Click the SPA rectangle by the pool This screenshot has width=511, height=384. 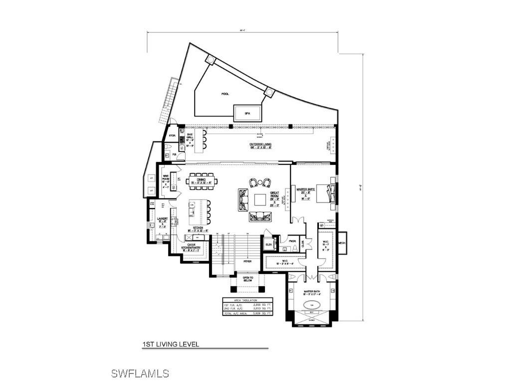(248, 112)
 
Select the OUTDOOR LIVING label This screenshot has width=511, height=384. (260, 145)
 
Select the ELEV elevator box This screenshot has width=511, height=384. (268, 244)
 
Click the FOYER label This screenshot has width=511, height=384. (248, 261)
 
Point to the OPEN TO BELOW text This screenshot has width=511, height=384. (248, 279)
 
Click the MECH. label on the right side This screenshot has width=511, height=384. (342, 243)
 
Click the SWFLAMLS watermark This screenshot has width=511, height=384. (140, 373)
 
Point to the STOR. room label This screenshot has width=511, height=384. (173, 135)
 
